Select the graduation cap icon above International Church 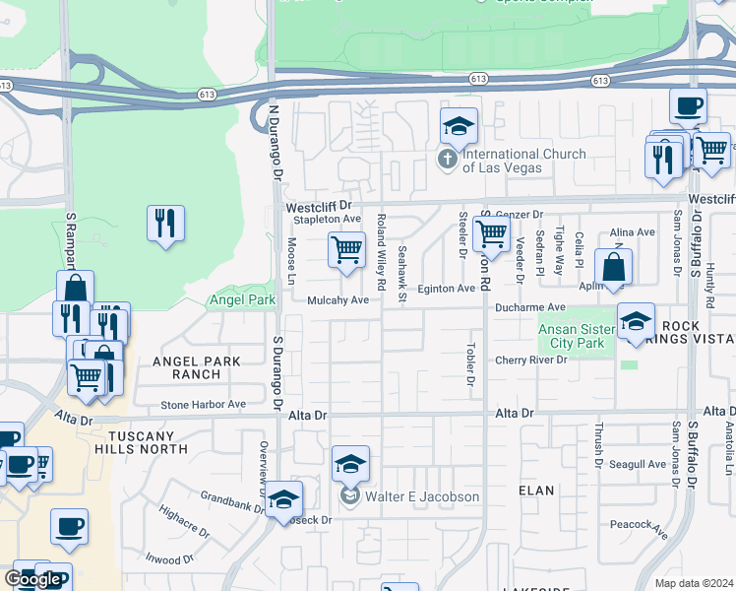[459, 127]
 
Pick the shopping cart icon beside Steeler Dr [491, 234]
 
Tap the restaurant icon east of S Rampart [165, 223]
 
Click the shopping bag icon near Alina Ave [613, 268]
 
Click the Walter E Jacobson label [422, 496]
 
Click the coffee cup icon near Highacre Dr [69, 527]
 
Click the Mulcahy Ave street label [337, 300]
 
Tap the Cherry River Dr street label [531, 361]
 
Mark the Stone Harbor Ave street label [204, 404]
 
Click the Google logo [32, 579]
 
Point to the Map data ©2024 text [695, 583]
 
